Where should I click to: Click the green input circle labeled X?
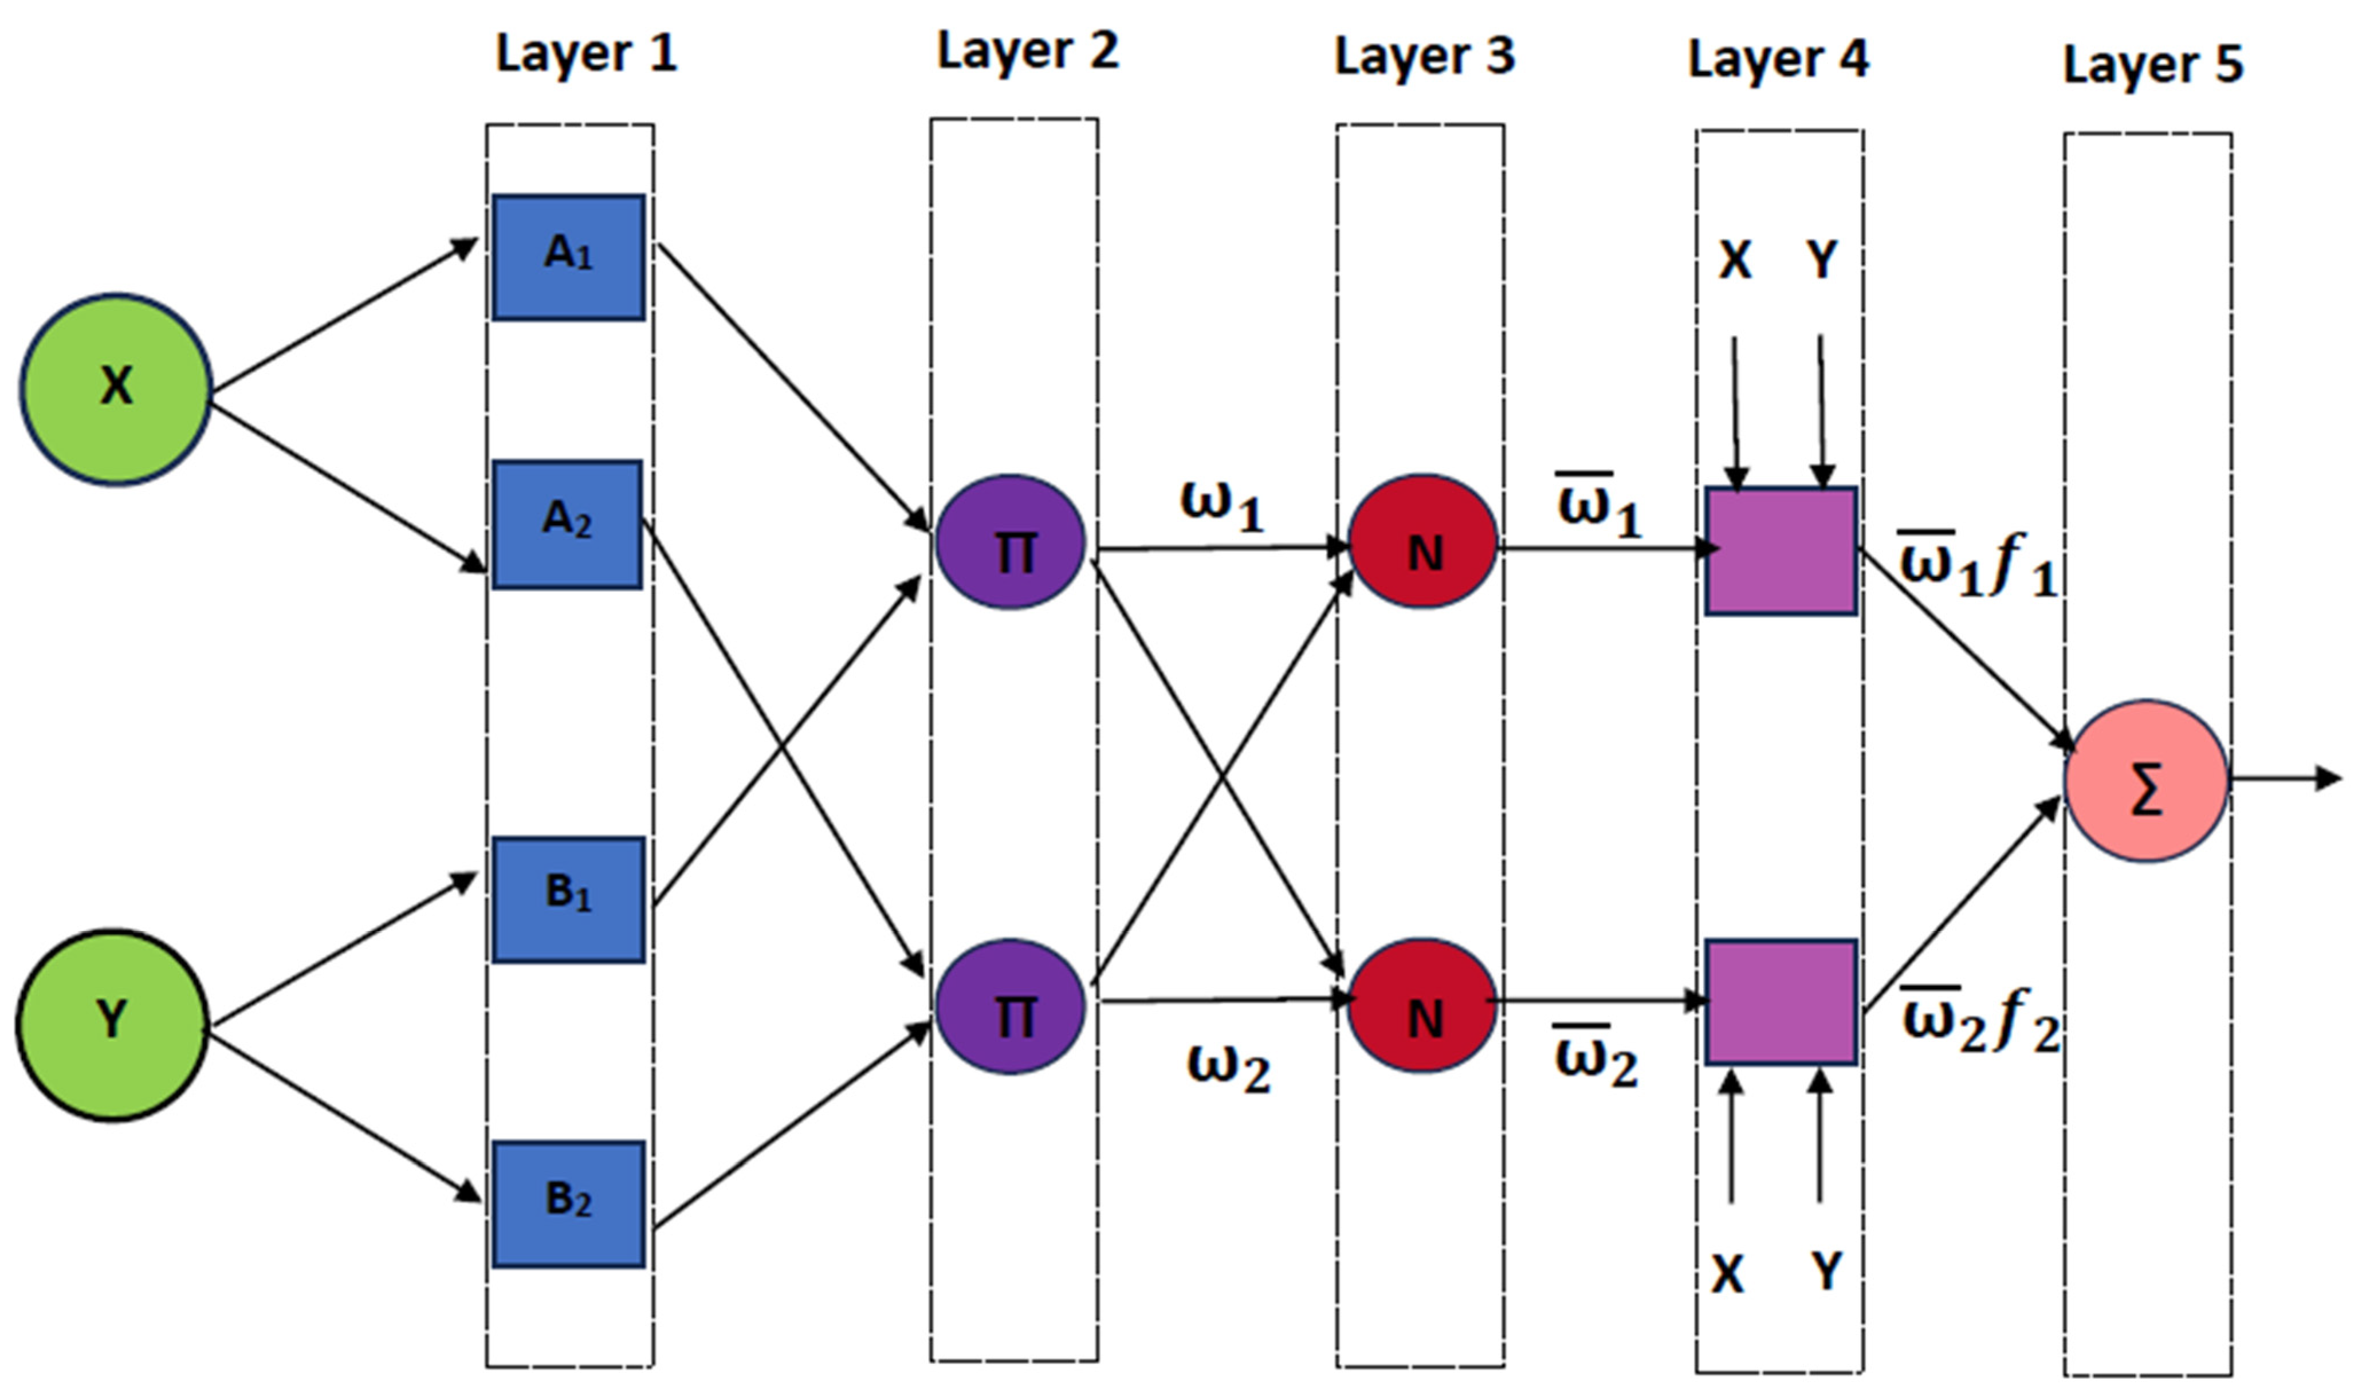click(116, 389)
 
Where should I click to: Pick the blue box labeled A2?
click(567, 524)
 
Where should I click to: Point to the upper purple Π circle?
click(1010, 543)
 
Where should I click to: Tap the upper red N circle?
click(1422, 543)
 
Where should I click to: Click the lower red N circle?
click(1422, 1005)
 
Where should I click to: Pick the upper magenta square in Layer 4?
click(1781, 550)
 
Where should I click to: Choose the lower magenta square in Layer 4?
click(1781, 1002)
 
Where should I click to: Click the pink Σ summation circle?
click(2147, 780)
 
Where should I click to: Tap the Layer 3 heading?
click(1425, 57)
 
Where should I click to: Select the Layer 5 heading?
click(2153, 64)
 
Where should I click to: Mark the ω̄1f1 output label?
click(1977, 565)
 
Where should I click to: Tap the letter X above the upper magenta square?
click(1735, 260)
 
